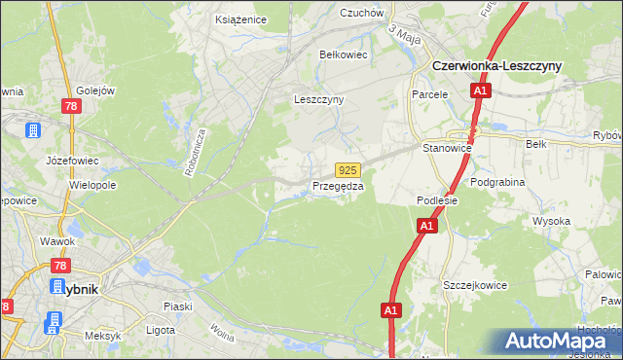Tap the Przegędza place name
coord(338,186)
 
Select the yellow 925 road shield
coord(350,169)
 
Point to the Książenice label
coord(239,18)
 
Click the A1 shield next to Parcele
coord(480,91)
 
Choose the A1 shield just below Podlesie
coord(426,226)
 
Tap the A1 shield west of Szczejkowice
coord(390,310)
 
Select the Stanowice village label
coord(447,148)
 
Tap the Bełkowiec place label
coord(344,55)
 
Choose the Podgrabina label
coord(497,182)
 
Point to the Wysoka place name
coord(551,221)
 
